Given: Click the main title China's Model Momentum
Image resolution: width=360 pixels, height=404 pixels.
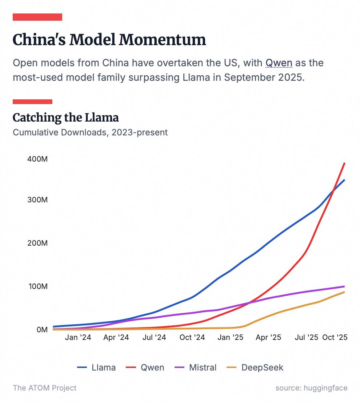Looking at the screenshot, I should pos(109,40).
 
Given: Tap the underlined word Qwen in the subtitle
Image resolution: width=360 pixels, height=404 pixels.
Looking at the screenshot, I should pos(279,63).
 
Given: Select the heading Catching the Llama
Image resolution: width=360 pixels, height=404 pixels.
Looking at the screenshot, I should pos(65,118).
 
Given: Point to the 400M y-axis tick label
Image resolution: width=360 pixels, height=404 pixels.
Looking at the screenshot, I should pos(37,159).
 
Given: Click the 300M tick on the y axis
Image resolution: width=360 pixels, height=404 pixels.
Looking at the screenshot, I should pos(37,200).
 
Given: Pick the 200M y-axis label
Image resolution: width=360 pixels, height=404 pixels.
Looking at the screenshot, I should pos(37,243).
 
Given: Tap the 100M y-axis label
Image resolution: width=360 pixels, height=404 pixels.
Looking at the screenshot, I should pos(37,286).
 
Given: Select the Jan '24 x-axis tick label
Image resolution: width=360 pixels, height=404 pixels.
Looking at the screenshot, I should pos(78,337).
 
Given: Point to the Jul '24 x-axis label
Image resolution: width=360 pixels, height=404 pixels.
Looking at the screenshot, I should pos(154,337).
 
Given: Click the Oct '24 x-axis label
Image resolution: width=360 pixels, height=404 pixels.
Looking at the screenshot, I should pos(192,337).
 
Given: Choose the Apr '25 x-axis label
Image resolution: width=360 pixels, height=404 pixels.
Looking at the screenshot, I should pos(268,337).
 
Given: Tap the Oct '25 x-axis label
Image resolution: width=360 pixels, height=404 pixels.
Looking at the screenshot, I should pos(335,337).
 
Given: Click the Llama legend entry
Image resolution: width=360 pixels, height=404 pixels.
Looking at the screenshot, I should pos(96,367).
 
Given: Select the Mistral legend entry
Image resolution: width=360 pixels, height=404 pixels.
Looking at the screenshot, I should pos(196,367).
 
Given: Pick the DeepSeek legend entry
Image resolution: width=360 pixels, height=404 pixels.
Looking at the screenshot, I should pos(255,367).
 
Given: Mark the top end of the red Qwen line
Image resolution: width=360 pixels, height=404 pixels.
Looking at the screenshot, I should pos(344,163).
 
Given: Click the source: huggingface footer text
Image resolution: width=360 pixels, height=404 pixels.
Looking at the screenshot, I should pos(311,388).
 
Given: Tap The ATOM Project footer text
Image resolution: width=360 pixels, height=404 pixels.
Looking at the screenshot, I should pos(45,388).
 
